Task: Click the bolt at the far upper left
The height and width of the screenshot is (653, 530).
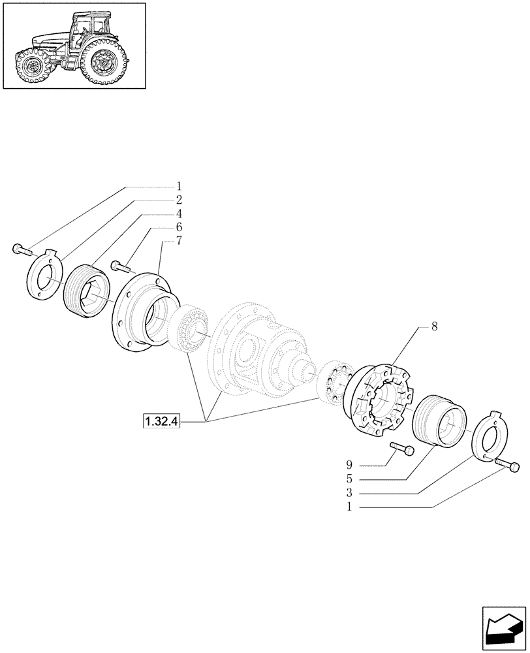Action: tap(21, 249)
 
